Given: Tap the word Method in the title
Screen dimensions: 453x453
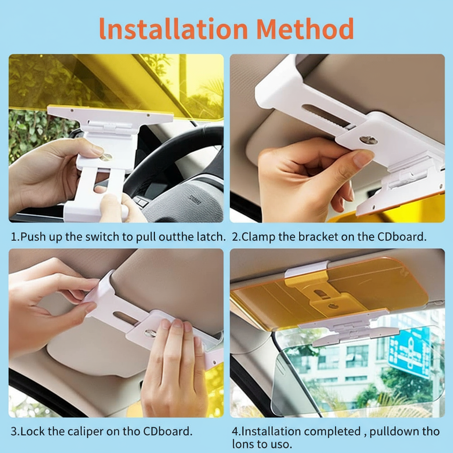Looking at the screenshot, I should click(x=305, y=29).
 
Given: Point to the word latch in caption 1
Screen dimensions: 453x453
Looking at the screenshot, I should click(x=209, y=237).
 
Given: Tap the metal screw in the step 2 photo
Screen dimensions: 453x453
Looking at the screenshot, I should click(x=369, y=140).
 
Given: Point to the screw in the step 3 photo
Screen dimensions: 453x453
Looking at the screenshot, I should click(x=150, y=333).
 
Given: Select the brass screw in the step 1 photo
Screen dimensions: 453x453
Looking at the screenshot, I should click(x=105, y=157).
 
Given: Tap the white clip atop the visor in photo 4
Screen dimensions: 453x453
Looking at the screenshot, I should click(x=307, y=269).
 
